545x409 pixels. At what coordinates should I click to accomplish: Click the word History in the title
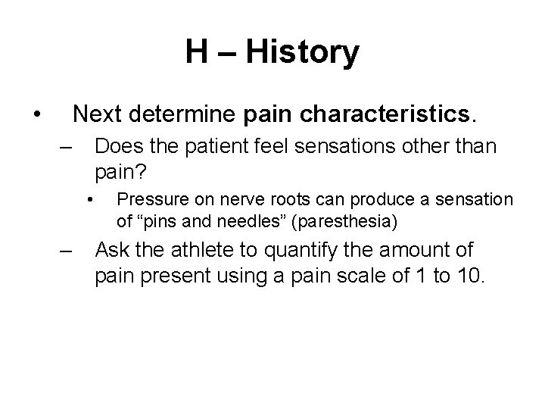[304, 53]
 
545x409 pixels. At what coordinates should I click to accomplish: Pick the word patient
[220, 145]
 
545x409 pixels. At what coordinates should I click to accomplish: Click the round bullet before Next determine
[36, 115]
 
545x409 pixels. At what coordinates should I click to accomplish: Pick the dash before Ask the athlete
[67, 250]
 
